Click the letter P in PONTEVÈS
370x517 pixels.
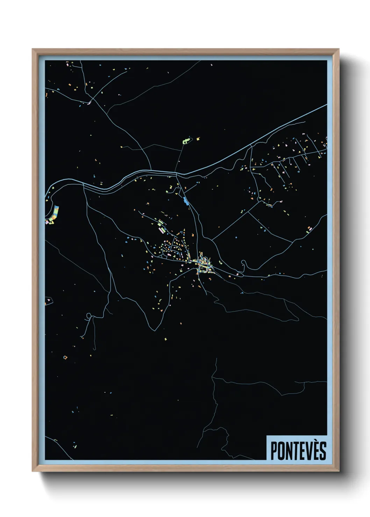[x=273, y=451]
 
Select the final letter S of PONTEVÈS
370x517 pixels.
[x=322, y=451]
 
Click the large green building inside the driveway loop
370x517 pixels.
[x=186, y=141]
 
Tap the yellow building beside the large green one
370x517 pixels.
[x=198, y=139]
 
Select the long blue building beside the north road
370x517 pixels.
[x=185, y=200]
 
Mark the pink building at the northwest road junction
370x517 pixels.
[x=89, y=102]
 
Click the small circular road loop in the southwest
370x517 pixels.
[x=89, y=316]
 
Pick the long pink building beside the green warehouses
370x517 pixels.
[x=161, y=231]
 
